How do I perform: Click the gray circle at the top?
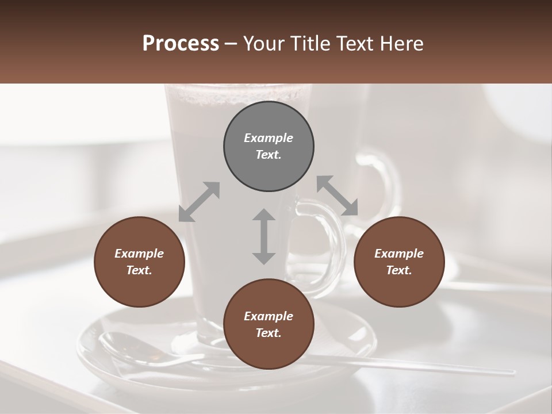(x=269, y=147)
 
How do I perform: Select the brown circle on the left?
(x=139, y=262)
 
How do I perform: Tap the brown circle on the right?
(x=399, y=262)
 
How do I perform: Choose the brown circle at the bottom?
(x=269, y=324)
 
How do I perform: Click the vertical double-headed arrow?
(x=264, y=236)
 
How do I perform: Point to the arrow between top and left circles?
(x=199, y=201)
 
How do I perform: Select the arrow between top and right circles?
(x=337, y=195)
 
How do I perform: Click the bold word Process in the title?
(x=181, y=44)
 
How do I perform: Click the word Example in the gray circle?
(x=269, y=138)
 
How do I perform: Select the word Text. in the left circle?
(x=139, y=270)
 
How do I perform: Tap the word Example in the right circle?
(x=399, y=254)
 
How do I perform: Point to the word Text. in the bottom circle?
(x=269, y=333)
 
